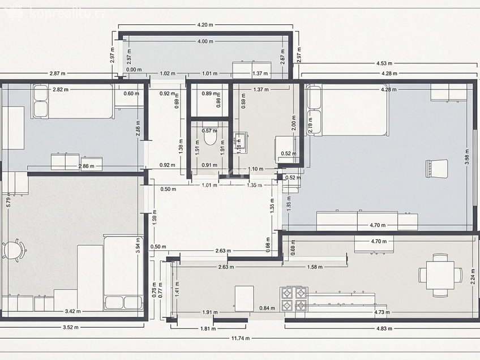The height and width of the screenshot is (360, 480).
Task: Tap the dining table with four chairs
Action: [x=440, y=275]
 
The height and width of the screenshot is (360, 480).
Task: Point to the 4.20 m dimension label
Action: [x=205, y=25]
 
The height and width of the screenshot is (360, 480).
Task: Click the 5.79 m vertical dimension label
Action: [x=8, y=201]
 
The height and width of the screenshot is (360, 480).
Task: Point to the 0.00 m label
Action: [x=134, y=70]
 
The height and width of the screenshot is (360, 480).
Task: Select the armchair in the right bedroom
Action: [x=436, y=168]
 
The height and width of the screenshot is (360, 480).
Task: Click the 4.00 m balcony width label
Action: [x=205, y=42]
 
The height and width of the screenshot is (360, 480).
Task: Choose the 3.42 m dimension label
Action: [x=72, y=311]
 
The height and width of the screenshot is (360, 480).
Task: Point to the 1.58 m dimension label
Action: [x=315, y=267]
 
